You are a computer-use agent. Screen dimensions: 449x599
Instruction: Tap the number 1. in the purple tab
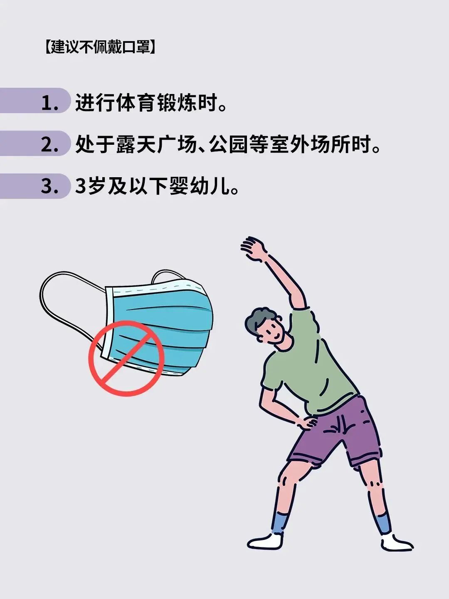tap(50, 104)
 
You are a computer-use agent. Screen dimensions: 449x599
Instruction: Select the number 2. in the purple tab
tap(50, 145)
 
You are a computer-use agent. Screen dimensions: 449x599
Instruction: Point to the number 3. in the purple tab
tap(50, 187)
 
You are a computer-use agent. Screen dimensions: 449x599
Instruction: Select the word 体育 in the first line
tap(137, 103)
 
